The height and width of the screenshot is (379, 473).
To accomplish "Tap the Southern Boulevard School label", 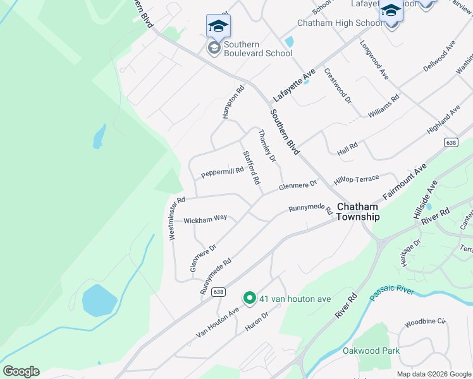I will [x=257, y=49].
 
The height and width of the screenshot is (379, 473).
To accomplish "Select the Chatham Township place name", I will [x=358, y=212].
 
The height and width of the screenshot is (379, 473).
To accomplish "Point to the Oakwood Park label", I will [x=371, y=351].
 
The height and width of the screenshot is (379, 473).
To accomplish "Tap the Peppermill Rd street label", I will [x=222, y=172].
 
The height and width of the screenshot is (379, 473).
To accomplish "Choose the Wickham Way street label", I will [x=205, y=219].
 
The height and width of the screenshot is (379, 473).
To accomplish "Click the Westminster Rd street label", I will [x=176, y=218].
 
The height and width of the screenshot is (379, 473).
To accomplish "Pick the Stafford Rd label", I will [x=251, y=167].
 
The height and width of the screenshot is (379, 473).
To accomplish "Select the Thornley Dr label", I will [x=267, y=146].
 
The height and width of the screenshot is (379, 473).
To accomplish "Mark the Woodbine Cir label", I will [x=425, y=322].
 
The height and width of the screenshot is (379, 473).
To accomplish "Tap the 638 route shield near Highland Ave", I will [x=450, y=143].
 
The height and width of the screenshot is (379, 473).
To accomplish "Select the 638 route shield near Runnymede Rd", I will [x=218, y=292].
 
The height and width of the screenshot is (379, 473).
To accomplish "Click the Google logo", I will [x=21, y=371].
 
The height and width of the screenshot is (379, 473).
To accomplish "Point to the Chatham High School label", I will [x=340, y=23].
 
